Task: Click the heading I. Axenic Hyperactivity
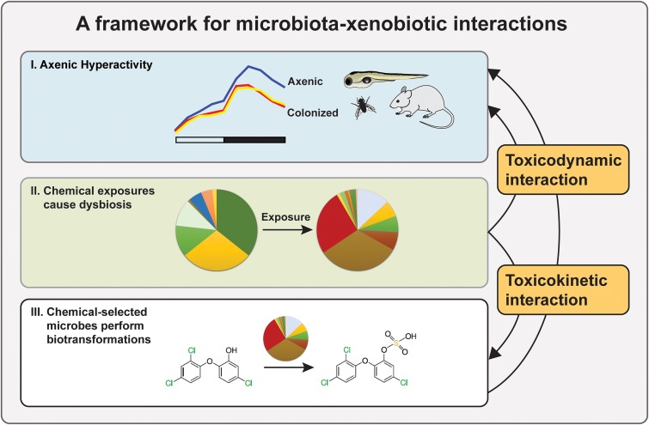[x=86, y=62]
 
